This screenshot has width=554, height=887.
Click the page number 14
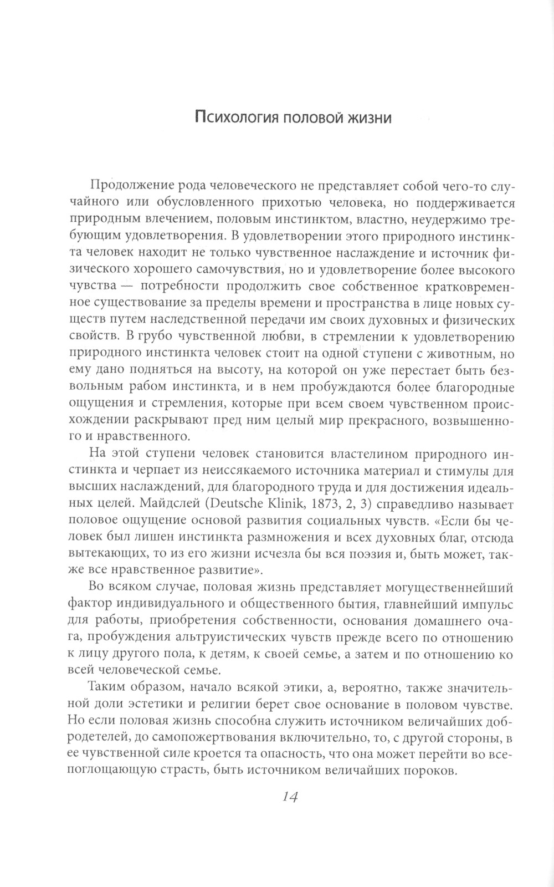coord(290,797)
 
